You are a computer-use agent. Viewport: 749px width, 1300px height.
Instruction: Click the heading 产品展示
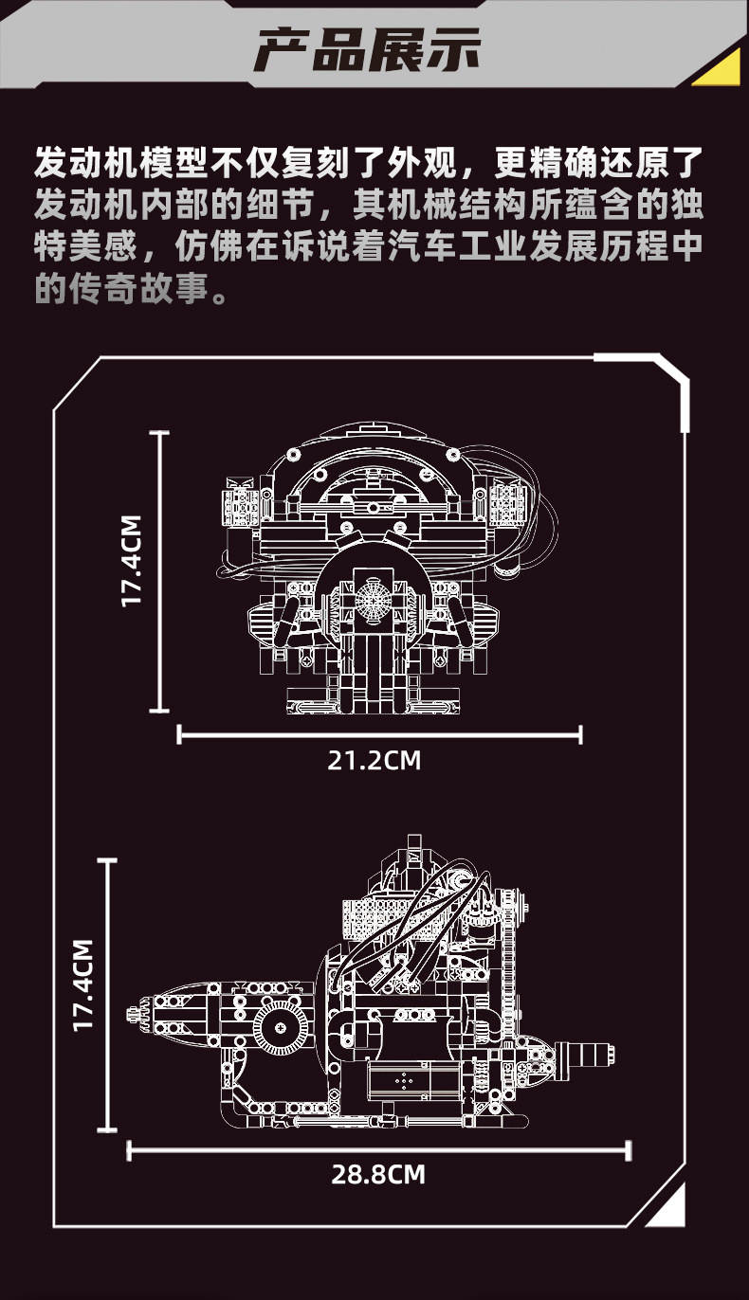(x=368, y=49)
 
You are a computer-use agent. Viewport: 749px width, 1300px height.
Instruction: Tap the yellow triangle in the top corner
(x=720, y=68)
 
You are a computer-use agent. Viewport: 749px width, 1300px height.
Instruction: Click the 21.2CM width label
(x=374, y=760)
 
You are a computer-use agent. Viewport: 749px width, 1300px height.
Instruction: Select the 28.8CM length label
(x=378, y=1175)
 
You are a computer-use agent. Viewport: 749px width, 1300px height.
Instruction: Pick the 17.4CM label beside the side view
(x=83, y=984)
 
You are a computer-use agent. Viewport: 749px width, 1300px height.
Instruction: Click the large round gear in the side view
(x=281, y=1025)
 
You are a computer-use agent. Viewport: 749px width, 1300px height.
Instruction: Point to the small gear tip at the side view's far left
(x=133, y=1015)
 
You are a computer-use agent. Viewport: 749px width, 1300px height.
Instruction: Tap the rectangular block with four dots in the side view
(x=404, y=1079)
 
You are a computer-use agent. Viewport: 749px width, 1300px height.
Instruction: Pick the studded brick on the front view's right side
(x=508, y=500)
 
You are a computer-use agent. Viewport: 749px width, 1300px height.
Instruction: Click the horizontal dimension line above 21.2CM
(x=379, y=732)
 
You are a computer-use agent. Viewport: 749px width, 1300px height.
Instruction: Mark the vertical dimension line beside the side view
(x=108, y=995)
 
